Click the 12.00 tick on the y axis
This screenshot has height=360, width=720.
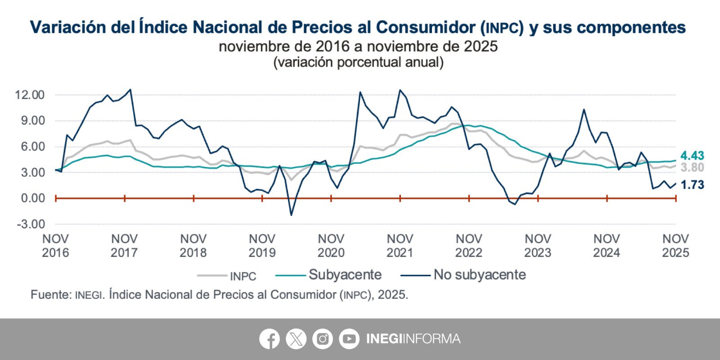click(30, 95)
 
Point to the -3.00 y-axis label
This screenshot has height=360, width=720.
click(31, 224)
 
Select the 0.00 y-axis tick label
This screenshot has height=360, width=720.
click(32, 198)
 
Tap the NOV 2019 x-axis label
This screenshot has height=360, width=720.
click(262, 246)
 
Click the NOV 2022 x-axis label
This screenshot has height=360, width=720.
click(468, 246)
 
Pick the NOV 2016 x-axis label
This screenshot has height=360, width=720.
click(55, 246)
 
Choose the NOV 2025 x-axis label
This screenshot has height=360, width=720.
click(675, 246)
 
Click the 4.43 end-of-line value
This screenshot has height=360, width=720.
click(692, 156)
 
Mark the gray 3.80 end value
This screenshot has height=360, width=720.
click(692, 168)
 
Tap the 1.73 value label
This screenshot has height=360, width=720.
click(692, 185)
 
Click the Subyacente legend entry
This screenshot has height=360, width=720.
click(345, 274)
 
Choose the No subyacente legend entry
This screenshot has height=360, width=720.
click(479, 274)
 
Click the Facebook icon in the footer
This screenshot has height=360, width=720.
click(269, 339)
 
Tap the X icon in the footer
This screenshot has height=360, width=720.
click(296, 339)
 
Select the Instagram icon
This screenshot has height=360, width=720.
click(322, 339)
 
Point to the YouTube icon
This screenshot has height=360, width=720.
click(349, 339)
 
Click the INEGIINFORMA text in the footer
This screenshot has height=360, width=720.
click(413, 339)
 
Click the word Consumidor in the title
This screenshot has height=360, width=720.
click(425, 27)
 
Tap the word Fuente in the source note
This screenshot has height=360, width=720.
click(51, 295)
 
